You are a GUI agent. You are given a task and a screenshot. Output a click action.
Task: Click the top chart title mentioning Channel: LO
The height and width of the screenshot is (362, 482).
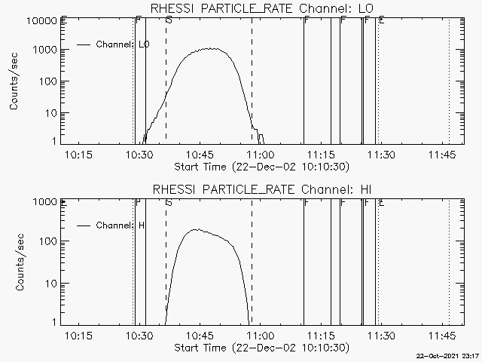262,8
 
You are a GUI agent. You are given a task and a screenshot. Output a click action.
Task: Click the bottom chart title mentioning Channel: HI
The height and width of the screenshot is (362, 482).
262,189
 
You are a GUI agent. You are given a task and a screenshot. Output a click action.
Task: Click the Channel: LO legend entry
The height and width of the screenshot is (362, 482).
123,44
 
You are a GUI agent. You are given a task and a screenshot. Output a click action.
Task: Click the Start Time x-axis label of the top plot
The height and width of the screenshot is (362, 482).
260,167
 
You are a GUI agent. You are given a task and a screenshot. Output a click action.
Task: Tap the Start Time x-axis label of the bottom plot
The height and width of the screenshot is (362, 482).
260,348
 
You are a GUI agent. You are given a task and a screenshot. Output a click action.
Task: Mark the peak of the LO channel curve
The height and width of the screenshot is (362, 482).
211,49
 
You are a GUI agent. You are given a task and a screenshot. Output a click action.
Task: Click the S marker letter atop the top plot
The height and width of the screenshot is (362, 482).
168,20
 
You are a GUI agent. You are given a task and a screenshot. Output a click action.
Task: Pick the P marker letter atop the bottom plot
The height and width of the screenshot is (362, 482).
138,202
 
